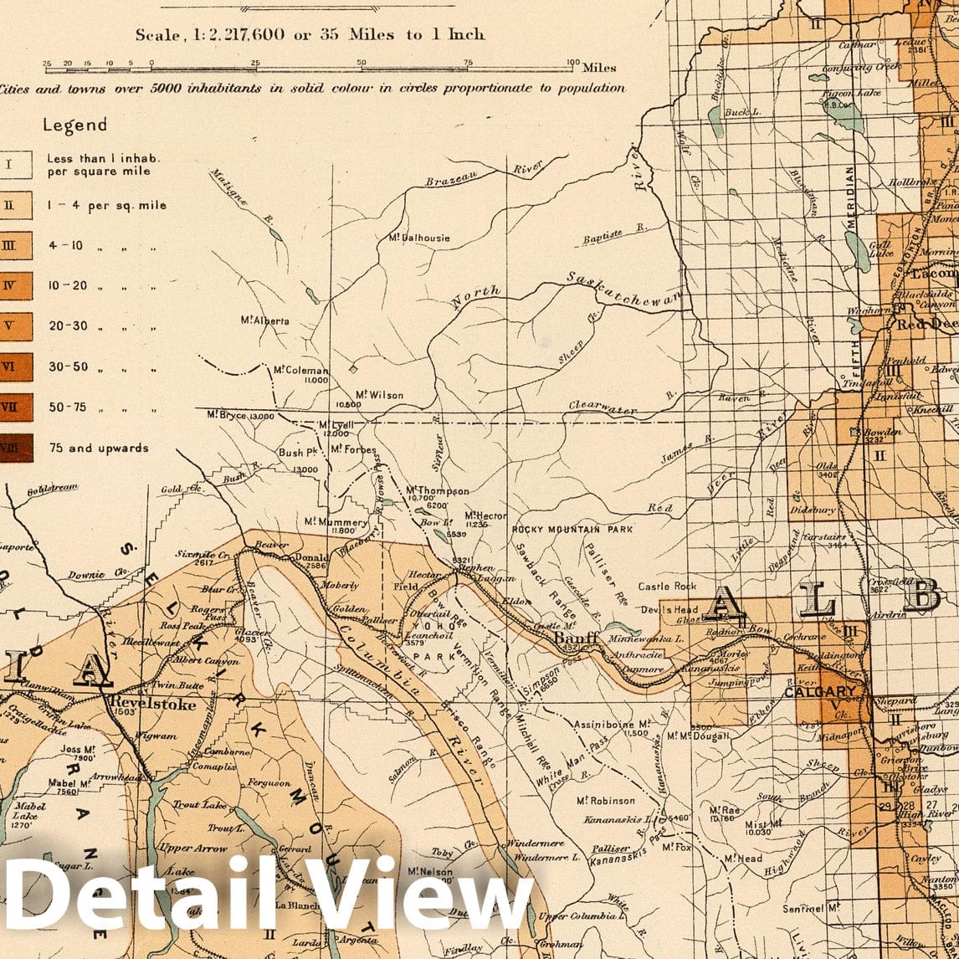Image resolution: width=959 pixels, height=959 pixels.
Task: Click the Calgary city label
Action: (821, 691)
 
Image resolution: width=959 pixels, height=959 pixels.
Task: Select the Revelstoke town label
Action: (152, 704)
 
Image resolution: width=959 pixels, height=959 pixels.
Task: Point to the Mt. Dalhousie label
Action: (419, 238)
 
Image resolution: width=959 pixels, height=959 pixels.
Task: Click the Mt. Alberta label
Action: (264, 321)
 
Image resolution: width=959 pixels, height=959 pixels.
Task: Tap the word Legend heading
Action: (74, 126)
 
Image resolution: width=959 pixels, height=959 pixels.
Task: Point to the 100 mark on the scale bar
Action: (572, 63)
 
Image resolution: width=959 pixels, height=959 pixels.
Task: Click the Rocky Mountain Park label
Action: (572, 530)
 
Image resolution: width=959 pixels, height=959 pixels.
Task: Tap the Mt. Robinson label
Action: (606, 800)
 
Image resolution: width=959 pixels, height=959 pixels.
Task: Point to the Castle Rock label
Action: (667, 587)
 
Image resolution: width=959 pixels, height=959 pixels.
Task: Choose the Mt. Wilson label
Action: (379, 395)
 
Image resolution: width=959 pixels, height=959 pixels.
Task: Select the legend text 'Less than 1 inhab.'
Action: (104, 157)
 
